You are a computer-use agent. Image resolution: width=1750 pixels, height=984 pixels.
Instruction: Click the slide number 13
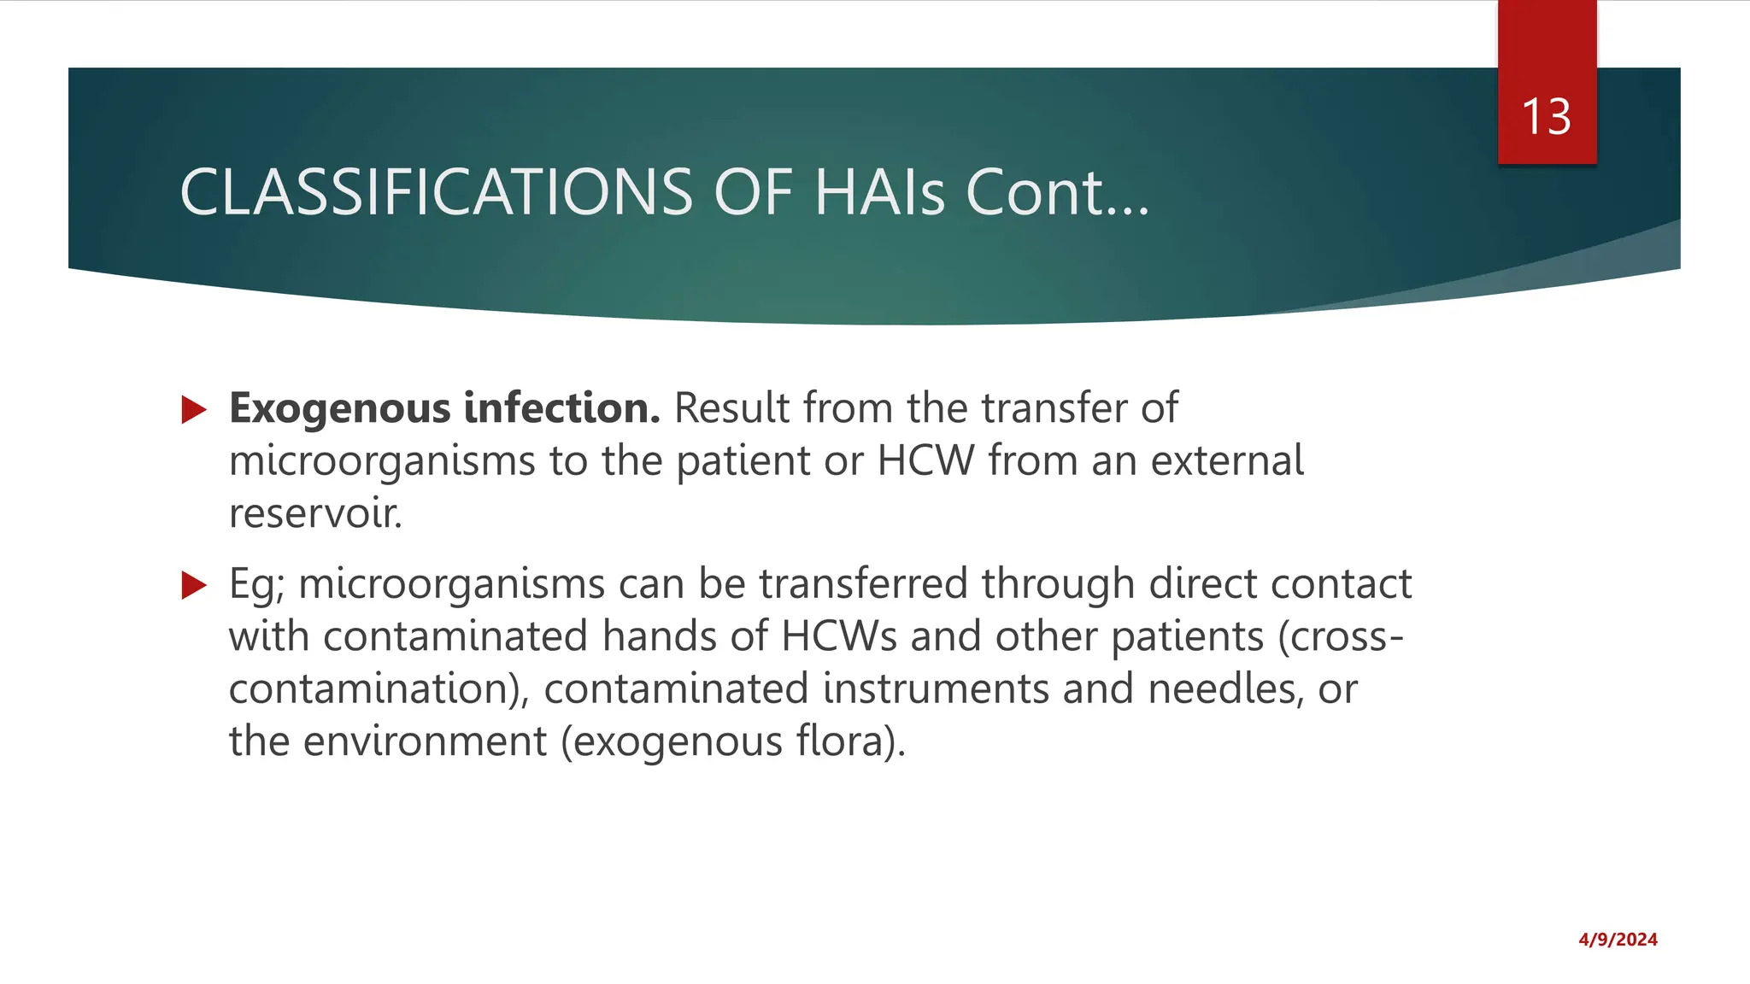click(1546, 117)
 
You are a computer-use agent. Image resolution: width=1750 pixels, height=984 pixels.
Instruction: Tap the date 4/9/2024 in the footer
click(1618, 940)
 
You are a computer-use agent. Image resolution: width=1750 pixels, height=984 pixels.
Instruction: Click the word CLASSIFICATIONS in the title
click(436, 192)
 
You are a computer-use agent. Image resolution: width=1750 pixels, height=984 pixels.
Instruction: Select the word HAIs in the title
click(879, 192)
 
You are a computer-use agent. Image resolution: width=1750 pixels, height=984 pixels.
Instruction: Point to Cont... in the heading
click(1057, 192)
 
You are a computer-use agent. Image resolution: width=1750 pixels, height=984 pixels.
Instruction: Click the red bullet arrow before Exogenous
click(195, 410)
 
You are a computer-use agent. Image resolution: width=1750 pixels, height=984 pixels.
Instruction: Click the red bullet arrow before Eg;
click(195, 586)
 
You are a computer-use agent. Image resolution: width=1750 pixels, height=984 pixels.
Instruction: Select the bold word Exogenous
click(339, 409)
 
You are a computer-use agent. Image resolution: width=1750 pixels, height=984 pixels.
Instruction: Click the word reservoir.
click(315, 513)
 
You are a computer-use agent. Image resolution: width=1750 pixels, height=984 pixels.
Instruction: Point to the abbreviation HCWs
click(838, 636)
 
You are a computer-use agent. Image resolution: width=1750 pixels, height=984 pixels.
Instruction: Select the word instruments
click(935, 688)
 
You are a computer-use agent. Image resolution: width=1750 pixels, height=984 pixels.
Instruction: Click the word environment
click(425, 741)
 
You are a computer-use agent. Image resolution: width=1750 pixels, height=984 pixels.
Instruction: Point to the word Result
click(731, 407)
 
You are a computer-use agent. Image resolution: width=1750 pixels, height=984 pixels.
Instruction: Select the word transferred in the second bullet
click(863, 584)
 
